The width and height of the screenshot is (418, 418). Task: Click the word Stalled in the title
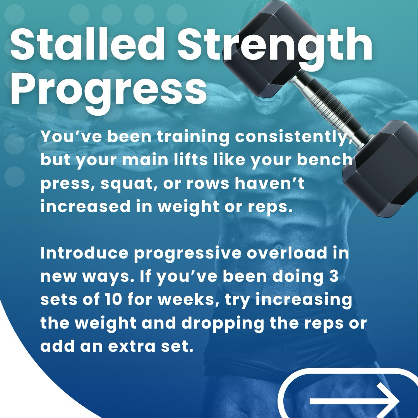(88, 44)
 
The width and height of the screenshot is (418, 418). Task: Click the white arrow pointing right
(355, 400)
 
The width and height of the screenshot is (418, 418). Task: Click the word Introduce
(84, 253)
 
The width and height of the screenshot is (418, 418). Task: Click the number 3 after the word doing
(334, 276)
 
